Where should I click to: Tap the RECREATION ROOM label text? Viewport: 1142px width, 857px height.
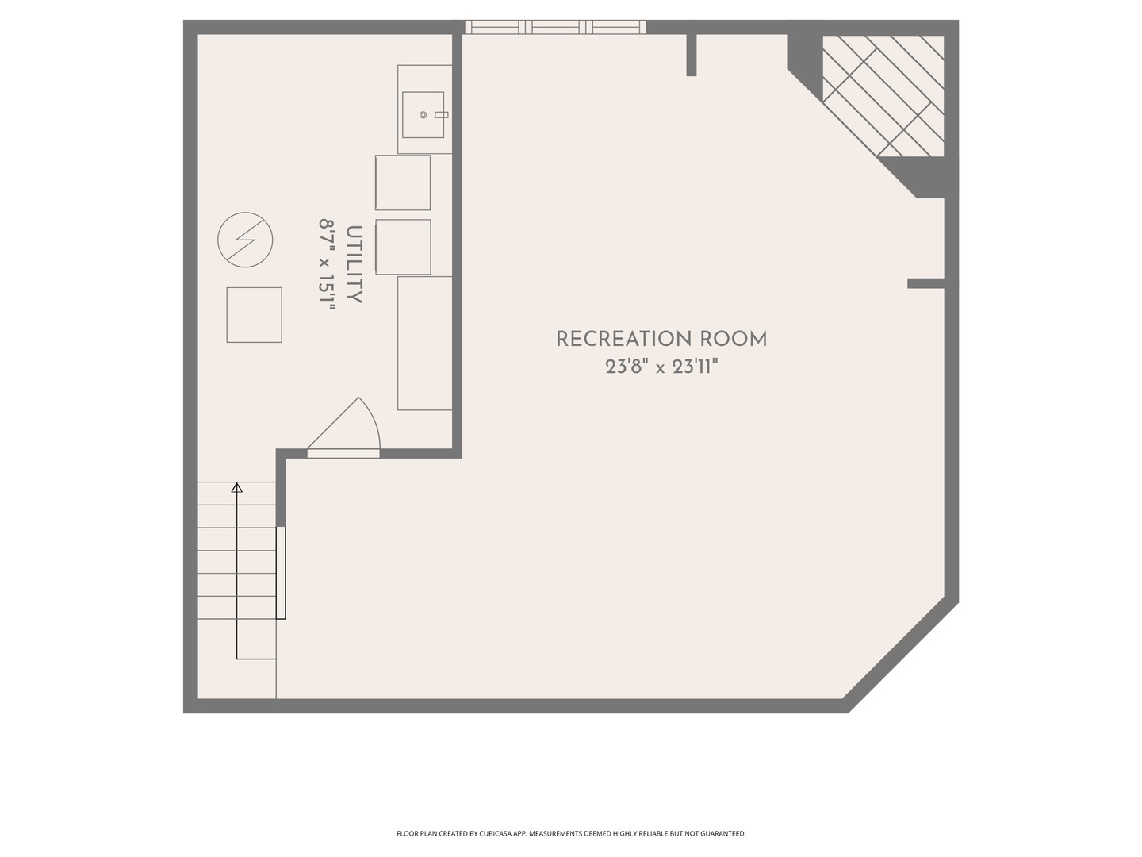[661, 340]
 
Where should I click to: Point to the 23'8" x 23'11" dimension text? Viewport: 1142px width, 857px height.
[661, 367]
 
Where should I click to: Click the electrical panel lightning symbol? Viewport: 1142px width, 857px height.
[245, 240]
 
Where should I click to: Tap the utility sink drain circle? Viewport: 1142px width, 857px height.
[423, 115]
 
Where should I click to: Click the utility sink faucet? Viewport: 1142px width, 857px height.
[441, 115]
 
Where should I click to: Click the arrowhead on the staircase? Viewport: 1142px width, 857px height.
[236, 487]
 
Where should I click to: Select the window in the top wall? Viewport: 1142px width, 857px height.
[555, 27]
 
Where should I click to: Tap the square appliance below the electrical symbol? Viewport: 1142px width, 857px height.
[254, 315]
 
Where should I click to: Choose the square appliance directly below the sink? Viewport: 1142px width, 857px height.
[403, 183]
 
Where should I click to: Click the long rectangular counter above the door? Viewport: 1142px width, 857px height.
[425, 343]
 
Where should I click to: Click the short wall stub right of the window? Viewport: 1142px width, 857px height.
[691, 54]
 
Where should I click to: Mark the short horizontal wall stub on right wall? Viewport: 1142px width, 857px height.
[926, 283]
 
